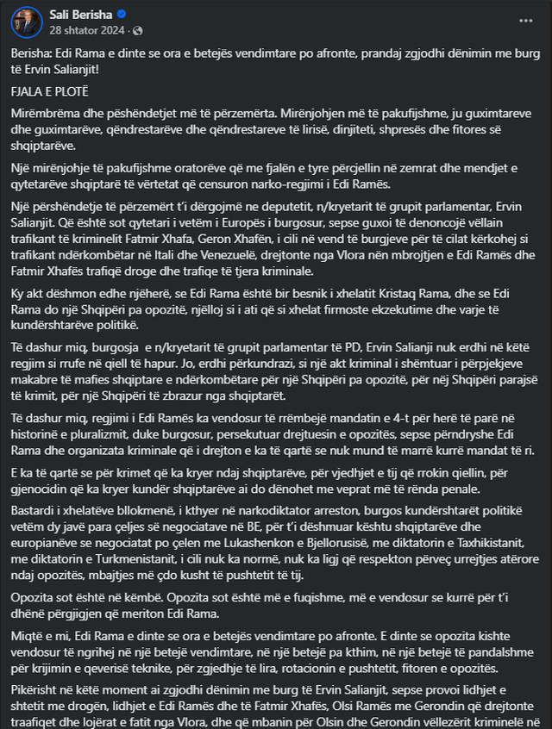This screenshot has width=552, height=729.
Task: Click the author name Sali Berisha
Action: point(74,14)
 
